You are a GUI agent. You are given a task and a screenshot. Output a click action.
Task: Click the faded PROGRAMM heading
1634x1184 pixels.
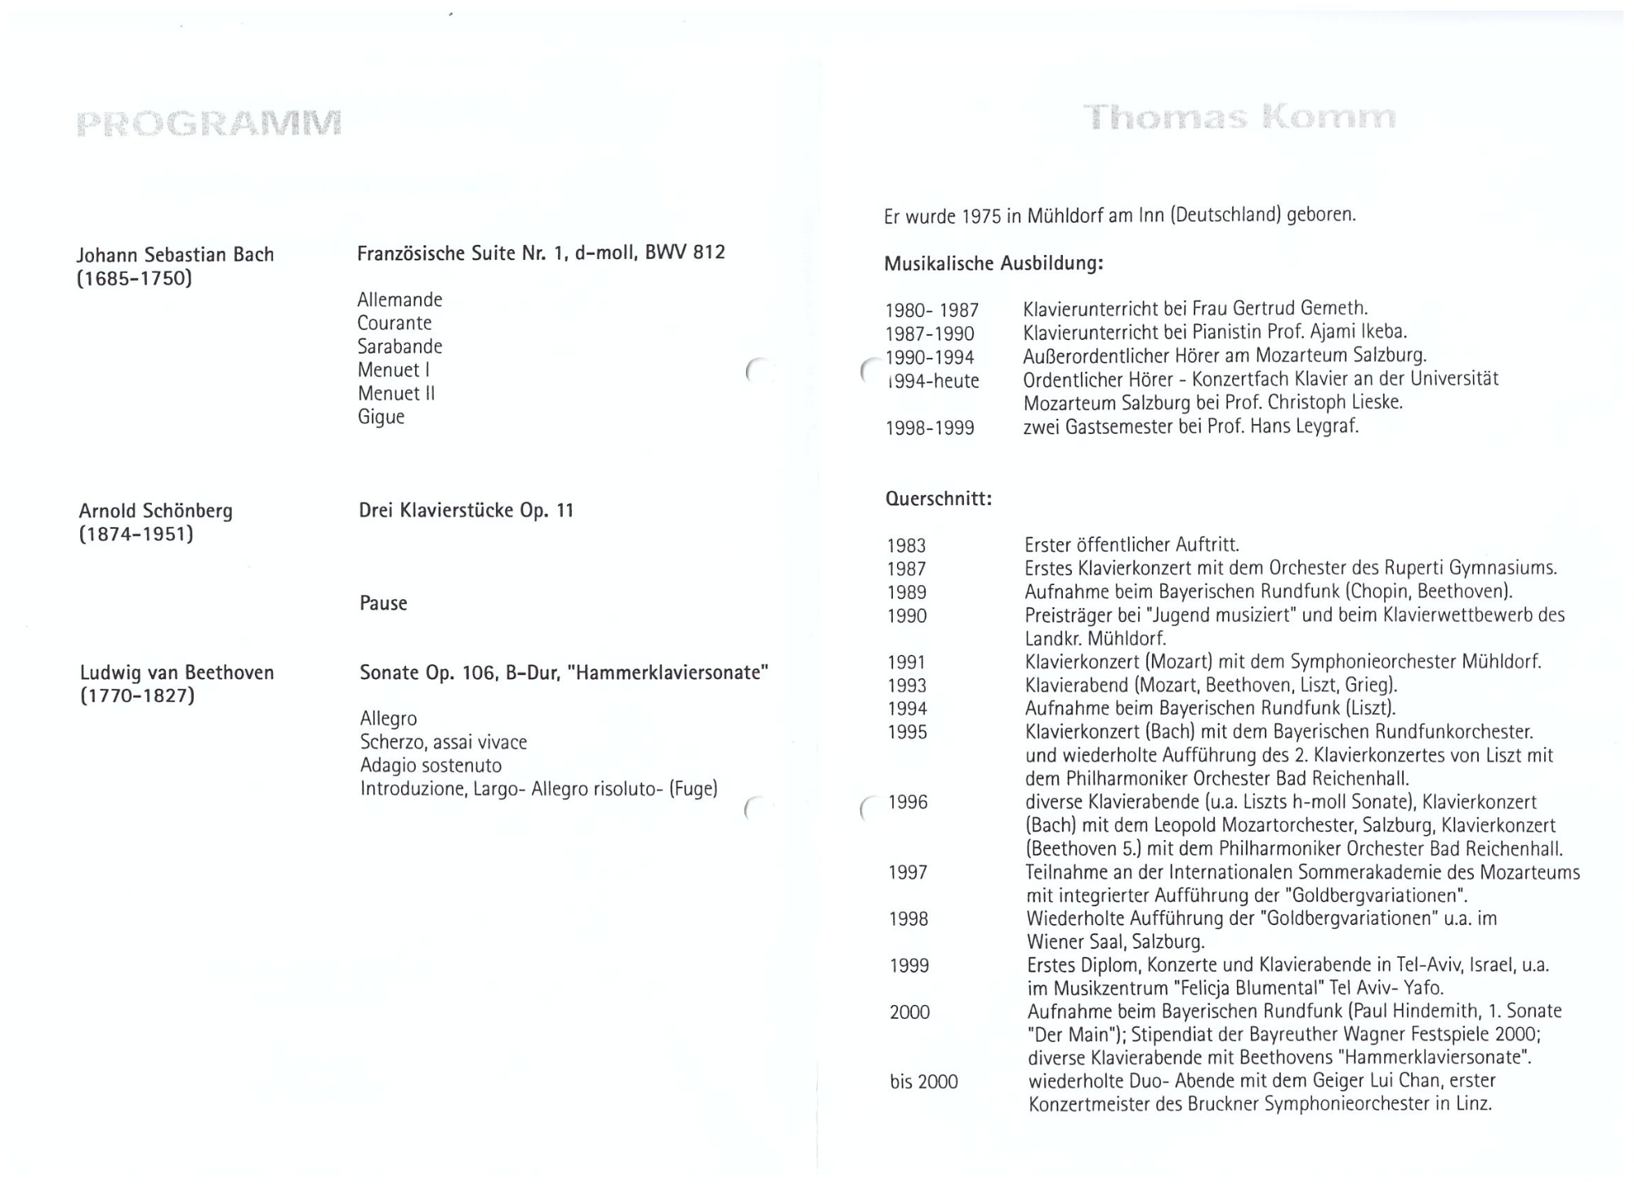click(x=208, y=123)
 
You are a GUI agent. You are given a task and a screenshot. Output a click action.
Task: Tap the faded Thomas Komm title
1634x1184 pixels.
click(x=1239, y=118)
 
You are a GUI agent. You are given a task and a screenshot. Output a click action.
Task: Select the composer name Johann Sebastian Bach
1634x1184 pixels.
click(x=176, y=255)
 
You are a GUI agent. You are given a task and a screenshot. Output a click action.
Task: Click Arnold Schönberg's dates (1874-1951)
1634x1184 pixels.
click(x=136, y=534)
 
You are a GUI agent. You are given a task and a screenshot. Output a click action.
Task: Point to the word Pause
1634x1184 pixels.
click(x=383, y=604)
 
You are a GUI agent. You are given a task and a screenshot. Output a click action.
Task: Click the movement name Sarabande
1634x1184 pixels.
click(x=400, y=346)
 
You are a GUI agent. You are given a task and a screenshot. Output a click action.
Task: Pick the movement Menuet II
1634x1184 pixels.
click(x=396, y=393)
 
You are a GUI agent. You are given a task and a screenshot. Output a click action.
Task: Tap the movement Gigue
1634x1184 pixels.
click(x=381, y=417)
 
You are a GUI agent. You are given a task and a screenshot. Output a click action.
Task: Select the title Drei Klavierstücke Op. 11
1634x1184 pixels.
click(x=467, y=511)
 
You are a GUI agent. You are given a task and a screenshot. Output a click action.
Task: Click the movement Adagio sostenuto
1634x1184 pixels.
click(x=431, y=766)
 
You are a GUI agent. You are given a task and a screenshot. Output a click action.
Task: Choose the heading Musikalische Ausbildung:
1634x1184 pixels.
click(x=993, y=264)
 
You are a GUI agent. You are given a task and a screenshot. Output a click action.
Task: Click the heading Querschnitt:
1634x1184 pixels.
click(x=939, y=498)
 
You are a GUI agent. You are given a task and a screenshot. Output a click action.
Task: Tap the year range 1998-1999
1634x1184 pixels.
click(x=930, y=427)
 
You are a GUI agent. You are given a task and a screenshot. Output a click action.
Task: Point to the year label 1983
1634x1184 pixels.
click(x=906, y=546)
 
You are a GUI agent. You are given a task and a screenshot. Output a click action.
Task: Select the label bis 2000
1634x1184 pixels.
click(x=923, y=1082)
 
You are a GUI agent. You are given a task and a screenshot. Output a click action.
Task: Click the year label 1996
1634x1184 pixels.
click(x=908, y=802)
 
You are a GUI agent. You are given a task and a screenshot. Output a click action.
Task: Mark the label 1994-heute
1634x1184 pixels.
click(x=932, y=381)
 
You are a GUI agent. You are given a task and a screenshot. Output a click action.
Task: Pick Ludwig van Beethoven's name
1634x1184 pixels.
click(x=177, y=672)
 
